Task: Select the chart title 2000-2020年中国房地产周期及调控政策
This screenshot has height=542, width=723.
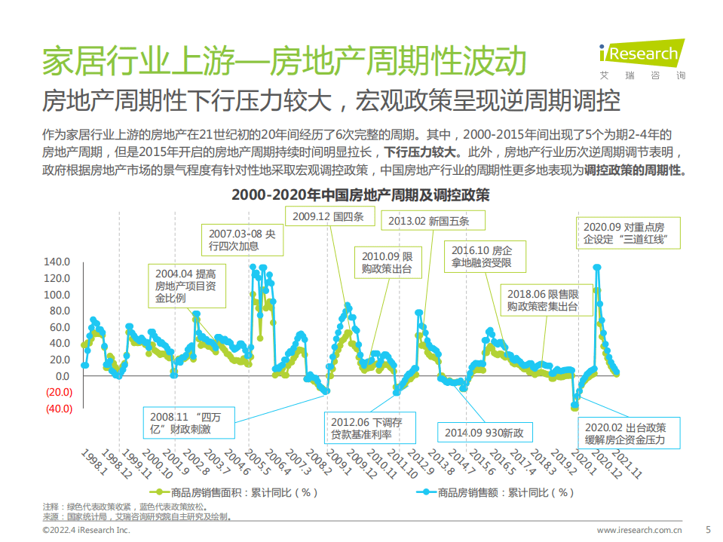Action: (360, 195)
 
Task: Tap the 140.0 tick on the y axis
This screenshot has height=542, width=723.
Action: (57, 262)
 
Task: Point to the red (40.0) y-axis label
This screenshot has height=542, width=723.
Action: (57, 409)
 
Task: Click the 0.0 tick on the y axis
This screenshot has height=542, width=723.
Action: (62, 376)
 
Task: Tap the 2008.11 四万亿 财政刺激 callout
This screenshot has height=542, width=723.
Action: (189, 423)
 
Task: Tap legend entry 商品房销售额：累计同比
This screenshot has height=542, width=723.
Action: (495, 492)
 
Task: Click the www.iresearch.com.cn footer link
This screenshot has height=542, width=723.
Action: (639, 530)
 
